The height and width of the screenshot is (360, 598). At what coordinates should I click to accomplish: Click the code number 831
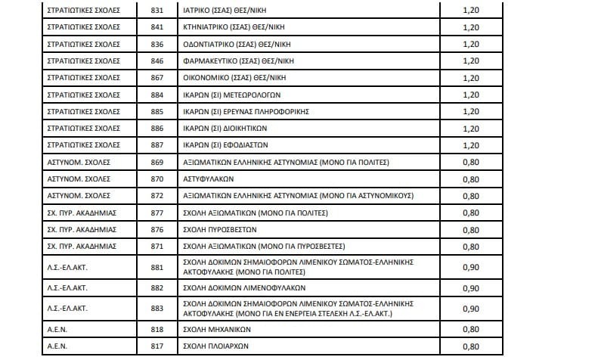[156, 11]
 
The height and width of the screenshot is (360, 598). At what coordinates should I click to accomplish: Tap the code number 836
[156, 44]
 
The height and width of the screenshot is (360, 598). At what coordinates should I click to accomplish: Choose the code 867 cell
[156, 77]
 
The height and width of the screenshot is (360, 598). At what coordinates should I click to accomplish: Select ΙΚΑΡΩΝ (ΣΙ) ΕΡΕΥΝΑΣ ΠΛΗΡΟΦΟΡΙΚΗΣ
[246, 111]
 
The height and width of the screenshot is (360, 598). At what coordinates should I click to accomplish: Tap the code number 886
[156, 128]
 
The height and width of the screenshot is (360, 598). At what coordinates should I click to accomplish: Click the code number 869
[156, 162]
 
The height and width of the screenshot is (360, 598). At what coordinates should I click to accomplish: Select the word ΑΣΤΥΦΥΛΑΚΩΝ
[209, 178]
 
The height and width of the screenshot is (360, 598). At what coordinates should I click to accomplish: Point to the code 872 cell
[156, 195]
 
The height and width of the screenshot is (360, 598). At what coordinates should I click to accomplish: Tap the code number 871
[156, 247]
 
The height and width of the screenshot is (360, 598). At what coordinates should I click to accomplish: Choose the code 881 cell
[156, 266]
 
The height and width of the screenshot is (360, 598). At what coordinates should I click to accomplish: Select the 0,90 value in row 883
[470, 308]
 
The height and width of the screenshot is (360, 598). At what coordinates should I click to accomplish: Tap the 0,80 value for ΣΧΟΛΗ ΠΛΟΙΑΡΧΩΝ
[470, 347]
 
